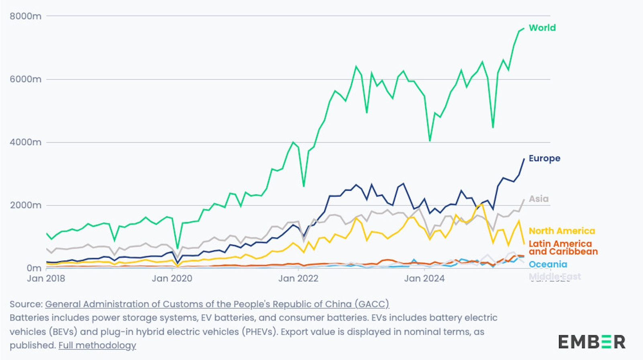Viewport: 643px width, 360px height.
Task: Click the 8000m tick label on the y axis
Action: point(25,16)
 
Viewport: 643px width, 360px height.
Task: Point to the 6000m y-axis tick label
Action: point(25,79)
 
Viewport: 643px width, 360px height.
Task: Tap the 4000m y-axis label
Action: point(25,142)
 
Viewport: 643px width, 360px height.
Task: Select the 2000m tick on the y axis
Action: point(25,205)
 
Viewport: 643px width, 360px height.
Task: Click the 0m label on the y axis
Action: point(34,268)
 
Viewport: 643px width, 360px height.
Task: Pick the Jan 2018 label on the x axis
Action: point(46,278)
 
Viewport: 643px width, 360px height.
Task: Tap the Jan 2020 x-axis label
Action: point(172,278)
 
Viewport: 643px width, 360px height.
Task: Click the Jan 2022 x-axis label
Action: point(298,278)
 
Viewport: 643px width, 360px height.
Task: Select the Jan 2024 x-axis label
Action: point(424,278)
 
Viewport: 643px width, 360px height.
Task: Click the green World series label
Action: point(542,28)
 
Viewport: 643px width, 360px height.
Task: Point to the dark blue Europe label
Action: point(544,158)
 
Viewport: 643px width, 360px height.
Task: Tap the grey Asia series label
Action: point(539,199)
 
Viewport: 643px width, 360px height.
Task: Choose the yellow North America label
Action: point(561,231)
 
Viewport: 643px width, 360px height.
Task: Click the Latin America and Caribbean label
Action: point(563,247)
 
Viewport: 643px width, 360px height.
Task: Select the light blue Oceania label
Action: point(548,264)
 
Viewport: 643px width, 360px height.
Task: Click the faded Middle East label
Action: point(555,276)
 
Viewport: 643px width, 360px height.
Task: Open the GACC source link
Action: point(217,304)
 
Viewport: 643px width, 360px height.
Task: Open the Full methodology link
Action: point(97,346)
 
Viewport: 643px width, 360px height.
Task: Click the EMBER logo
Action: point(592,342)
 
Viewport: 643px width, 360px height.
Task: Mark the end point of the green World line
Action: point(524,29)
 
